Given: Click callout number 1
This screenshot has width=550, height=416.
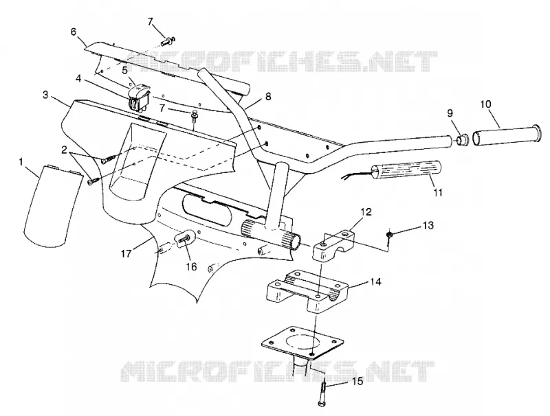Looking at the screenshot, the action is (21, 162).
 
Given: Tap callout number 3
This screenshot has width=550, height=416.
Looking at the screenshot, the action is (45, 95).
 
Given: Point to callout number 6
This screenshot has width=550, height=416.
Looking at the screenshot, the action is (74, 32).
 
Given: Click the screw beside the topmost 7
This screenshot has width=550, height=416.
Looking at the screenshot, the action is (168, 41).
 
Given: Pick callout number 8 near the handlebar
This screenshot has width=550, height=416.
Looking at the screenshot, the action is (268, 96).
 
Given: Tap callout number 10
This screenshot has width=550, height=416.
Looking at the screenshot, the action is (486, 104).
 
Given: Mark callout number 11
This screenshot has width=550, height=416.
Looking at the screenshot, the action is (438, 192).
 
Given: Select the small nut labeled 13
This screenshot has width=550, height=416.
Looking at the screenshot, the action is (389, 235).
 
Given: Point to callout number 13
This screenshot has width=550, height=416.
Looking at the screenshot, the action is (428, 225).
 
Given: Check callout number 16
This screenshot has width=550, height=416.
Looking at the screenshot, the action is (191, 266).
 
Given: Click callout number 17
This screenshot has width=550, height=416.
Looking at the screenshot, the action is (126, 253).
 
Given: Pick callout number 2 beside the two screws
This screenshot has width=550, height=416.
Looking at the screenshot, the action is (64, 150).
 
